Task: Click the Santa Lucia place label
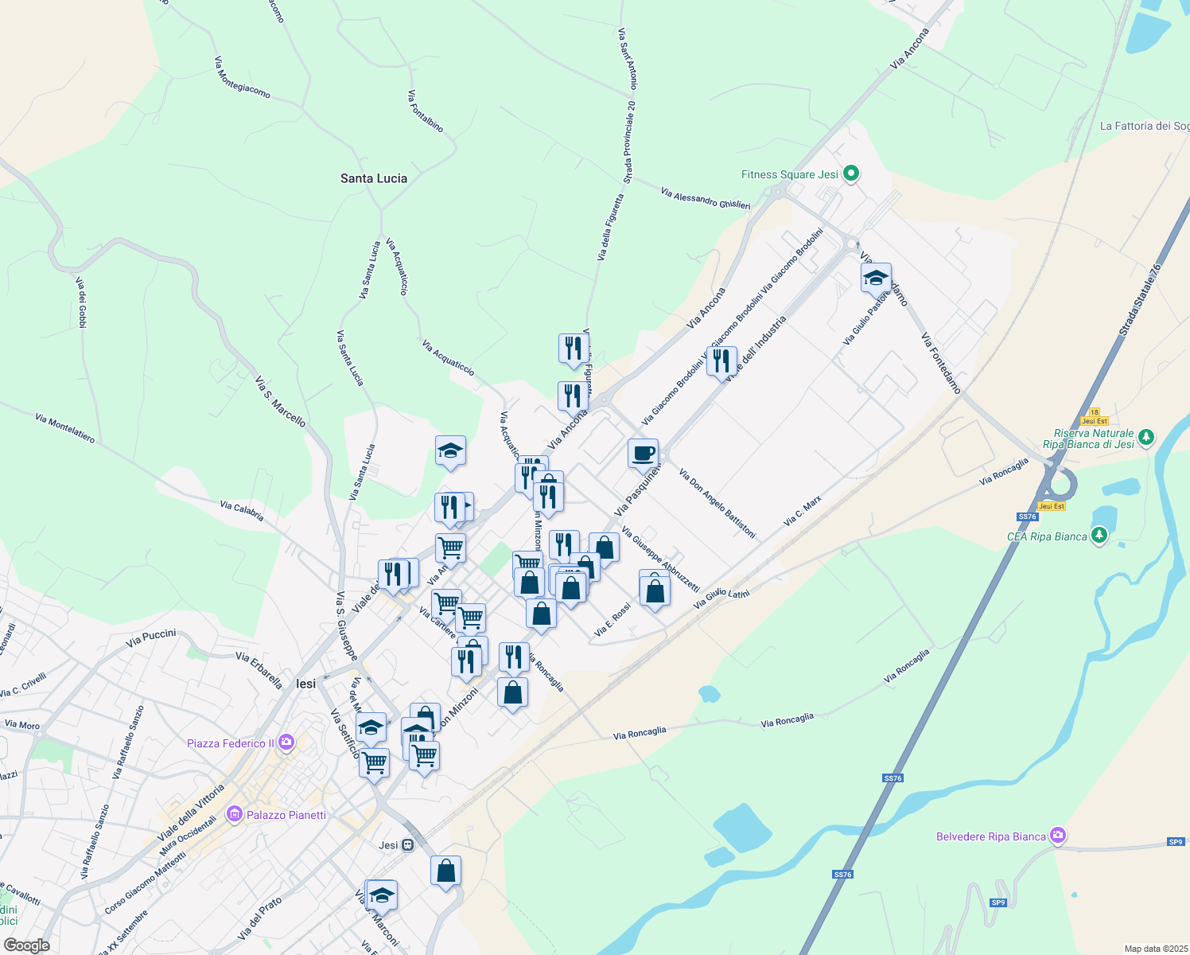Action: click(x=374, y=178)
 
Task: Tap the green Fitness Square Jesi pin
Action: click(x=851, y=173)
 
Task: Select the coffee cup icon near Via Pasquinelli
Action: click(x=643, y=454)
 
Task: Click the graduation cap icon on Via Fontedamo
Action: click(x=876, y=279)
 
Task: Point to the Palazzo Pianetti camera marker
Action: click(x=235, y=814)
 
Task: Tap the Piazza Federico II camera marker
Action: click(x=286, y=743)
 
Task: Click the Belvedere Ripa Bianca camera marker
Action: click(x=1058, y=836)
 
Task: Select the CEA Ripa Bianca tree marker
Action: click(x=1099, y=536)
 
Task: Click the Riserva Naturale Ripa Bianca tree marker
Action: click(x=1145, y=437)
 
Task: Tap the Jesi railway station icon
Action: click(x=408, y=845)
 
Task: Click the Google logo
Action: click(x=26, y=945)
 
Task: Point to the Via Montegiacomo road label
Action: click(x=242, y=77)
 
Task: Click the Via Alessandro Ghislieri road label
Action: click(x=705, y=199)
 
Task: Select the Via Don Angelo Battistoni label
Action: click(x=717, y=503)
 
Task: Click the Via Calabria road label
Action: click(x=242, y=511)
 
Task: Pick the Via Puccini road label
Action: click(x=151, y=637)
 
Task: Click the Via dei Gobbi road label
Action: click(x=81, y=302)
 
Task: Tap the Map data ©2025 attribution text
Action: click(x=1156, y=949)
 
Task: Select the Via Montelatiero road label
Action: click(x=64, y=428)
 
